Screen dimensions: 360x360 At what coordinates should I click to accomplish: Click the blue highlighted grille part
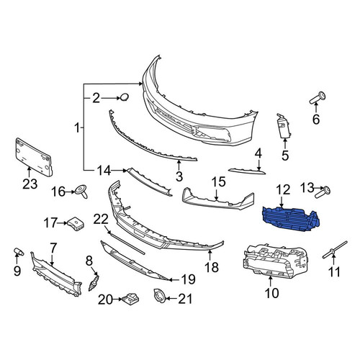(291, 219)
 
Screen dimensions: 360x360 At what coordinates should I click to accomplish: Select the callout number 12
(283, 189)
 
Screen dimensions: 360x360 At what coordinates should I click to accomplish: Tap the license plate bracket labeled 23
(34, 157)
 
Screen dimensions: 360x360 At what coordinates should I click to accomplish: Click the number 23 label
(30, 184)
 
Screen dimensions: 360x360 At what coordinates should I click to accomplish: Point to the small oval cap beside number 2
(125, 97)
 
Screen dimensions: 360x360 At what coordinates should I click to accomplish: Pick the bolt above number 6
(318, 98)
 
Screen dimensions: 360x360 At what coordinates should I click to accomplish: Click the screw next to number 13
(323, 192)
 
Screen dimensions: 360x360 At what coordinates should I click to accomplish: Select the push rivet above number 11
(335, 250)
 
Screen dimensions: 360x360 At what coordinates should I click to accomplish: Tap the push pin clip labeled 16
(81, 192)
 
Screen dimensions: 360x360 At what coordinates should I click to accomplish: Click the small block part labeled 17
(76, 223)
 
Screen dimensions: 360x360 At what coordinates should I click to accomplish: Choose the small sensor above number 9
(19, 251)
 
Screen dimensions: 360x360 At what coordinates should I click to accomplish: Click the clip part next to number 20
(131, 299)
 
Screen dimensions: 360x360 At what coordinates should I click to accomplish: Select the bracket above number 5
(284, 126)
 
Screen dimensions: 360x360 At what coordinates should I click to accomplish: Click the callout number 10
(272, 293)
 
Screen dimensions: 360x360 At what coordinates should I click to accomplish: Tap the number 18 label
(212, 267)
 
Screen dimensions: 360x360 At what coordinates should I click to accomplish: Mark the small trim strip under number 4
(247, 171)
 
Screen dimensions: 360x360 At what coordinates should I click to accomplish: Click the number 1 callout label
(77, 127)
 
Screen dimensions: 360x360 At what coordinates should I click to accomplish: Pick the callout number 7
(53, 248)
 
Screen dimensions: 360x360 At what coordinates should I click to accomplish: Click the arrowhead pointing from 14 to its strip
(125, 171)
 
